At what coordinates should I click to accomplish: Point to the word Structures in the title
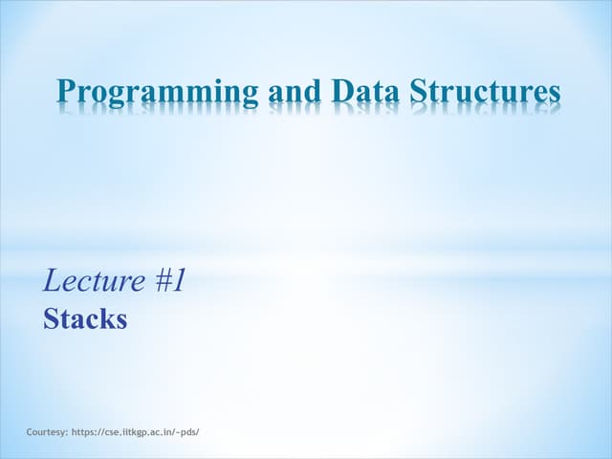485,92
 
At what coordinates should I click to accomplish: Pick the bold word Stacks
85,319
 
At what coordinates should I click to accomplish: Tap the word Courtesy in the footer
48,432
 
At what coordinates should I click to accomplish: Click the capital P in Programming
67,92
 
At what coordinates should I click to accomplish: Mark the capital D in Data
341,92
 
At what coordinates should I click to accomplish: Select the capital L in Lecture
53,281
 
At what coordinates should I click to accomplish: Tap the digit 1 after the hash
178,281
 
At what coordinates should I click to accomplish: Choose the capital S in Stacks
51,319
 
